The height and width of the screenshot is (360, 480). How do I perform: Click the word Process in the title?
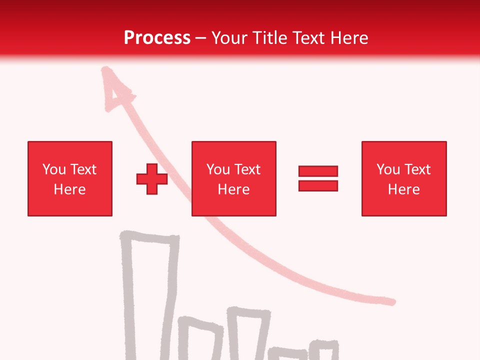157,38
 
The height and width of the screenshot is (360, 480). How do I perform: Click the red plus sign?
152,178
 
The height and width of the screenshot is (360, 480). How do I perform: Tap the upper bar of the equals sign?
318,171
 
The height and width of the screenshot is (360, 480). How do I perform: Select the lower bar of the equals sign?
318,185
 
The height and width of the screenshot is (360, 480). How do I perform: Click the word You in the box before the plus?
54,169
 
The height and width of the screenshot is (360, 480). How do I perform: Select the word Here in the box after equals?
404,189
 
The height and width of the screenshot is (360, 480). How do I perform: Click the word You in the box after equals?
388,169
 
